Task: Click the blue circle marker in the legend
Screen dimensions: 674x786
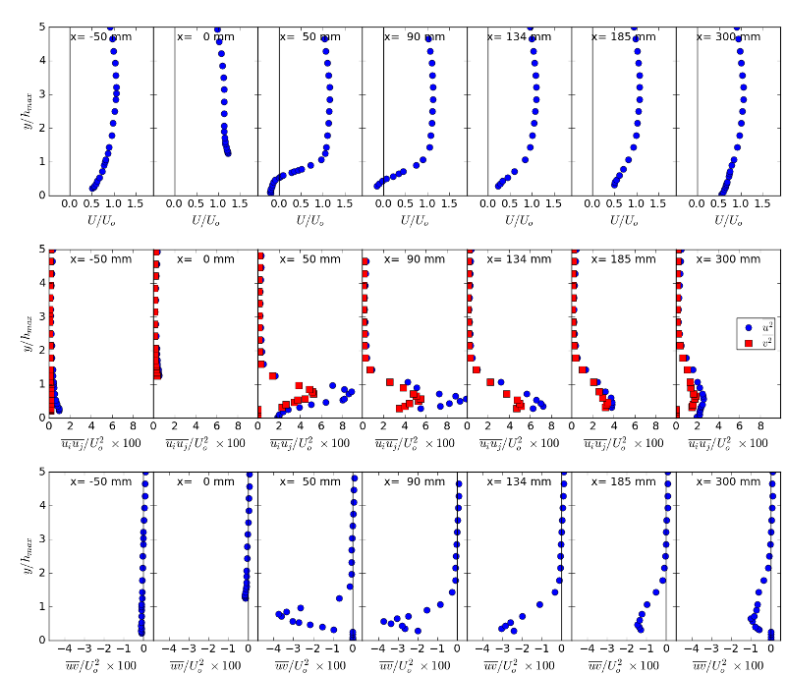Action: [749, 326]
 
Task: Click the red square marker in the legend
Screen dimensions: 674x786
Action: [749, 343]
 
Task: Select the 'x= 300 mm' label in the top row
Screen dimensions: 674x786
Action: [728, 37]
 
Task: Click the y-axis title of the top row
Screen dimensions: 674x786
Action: [27, 110]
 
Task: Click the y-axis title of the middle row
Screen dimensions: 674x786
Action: [27, 333]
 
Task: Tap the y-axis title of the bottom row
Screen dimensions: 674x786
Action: [27, 555]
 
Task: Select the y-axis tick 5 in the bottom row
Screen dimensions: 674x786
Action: [41, 472]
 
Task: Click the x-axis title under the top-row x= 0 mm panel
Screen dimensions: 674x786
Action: [205, 221]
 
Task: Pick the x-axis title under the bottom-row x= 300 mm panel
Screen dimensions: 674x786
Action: [728, 666]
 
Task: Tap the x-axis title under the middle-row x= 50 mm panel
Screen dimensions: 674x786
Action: [309, 443]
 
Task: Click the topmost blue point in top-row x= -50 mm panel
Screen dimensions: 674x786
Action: [110, 28]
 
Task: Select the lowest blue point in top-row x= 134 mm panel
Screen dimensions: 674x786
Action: [499, 186]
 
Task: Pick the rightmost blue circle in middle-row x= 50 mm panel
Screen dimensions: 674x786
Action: [351, 392]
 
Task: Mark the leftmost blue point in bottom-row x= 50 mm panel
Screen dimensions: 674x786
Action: [279, 614]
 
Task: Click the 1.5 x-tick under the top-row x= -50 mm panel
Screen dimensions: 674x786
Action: [135, 203]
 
